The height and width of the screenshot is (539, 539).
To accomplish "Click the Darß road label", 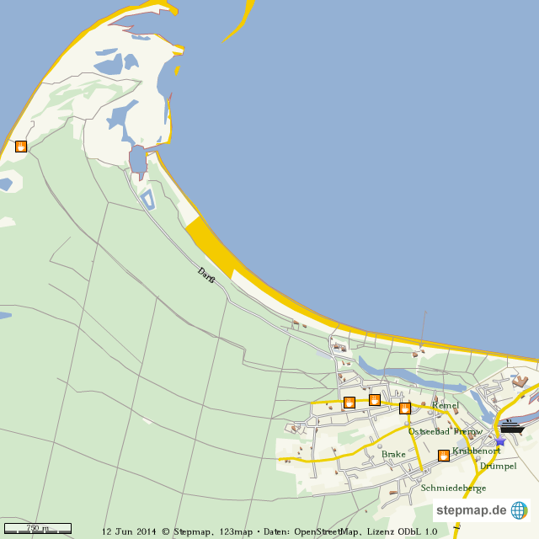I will click(x=205, y=274).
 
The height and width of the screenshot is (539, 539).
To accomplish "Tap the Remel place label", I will click(x=445, y=406).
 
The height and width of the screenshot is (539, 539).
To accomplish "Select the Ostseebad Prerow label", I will click(x=445, y=431).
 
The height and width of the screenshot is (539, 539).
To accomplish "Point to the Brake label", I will click(x=393, y=454).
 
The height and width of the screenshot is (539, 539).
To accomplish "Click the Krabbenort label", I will click(x=476, y=451).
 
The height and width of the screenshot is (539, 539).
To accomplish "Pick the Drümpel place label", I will click(x=498, y=466).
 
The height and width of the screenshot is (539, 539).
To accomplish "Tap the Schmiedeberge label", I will click(x=453, y=488).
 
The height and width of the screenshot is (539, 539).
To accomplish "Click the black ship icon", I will click(x=511, y=427).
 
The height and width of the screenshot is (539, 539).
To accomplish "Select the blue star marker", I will click(x=500, y=440).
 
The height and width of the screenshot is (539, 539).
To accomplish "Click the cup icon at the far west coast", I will click(x=21, y=147).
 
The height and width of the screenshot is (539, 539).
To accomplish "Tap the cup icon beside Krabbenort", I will click(x=444, y=456).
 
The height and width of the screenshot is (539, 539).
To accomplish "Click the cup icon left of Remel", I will click(x=405, y=408).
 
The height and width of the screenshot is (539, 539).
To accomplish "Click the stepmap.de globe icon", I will click(x=519, y=510).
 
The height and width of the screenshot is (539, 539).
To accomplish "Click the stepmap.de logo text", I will click(x=471, y=510).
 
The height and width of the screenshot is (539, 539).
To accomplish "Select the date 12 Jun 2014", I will click(x=130, y=531).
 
